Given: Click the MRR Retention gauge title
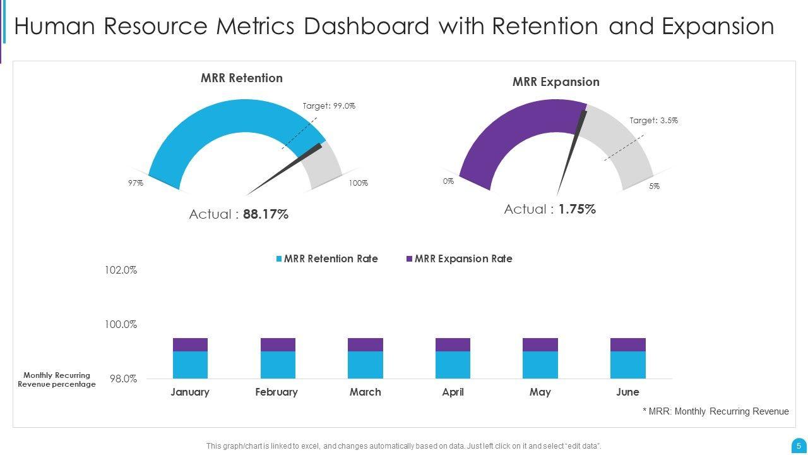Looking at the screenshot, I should click(x=241, y=78).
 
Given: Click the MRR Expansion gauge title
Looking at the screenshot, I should click(x=555, y=82).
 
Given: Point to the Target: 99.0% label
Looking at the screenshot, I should click(x=329, y=106).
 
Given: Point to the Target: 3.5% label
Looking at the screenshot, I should click(x=653, y=121).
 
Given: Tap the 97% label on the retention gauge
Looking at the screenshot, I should click(x=136, y=183).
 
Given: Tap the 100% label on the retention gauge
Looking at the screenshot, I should click(x=358, y=183).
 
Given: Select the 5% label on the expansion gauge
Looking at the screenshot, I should click(x=654, y=186).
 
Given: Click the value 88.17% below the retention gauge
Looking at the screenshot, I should click(x=265, y=215).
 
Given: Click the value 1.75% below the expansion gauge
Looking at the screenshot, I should click(x=577, y=210).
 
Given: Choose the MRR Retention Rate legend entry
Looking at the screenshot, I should click(x=330, y=259).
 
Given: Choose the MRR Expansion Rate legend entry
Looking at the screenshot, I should click(x=463, y=259).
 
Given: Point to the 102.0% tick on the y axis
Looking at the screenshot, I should click(x=121, y=270).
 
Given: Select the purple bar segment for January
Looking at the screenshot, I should click(x=190, y=344).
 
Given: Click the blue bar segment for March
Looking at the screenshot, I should click(x=365, y=365).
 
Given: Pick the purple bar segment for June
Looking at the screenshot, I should click(x=627, y=344).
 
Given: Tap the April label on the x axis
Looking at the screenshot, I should click(x=453, y=392).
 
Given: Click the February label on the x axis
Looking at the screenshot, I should click(x=276, y=392).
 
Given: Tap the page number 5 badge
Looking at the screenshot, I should click(x=799, y=446).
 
